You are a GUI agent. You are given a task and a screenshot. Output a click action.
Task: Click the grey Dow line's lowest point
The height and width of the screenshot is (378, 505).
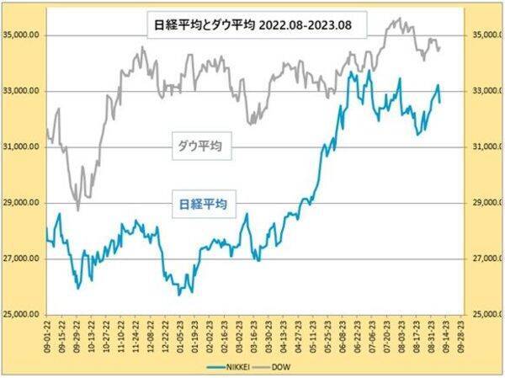(78, 210)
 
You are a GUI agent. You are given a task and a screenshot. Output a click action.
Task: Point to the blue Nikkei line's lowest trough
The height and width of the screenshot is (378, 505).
(179, 294)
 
